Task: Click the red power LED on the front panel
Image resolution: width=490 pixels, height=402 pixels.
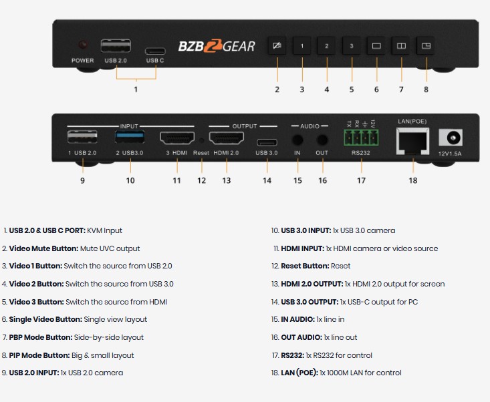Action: click(83, 45)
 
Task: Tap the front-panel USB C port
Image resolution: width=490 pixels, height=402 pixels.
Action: click(155, 51)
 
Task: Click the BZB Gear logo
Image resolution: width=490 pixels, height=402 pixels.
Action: click(217, 46)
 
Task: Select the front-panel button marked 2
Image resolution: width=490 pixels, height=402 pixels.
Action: click(327, 46)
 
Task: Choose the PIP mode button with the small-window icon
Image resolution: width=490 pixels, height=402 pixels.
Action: click(426, 46)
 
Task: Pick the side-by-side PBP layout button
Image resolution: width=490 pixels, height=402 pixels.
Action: click(401, 46)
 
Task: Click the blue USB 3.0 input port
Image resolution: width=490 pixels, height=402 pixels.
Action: click(130, 137)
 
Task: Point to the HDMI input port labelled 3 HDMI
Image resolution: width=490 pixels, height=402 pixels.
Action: click(177, 138)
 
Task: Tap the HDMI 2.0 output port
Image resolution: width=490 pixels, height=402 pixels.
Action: click(227, 138)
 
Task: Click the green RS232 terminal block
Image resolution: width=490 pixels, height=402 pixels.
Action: click(361, 138)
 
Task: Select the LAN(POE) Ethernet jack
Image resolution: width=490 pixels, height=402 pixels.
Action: click(412, 141)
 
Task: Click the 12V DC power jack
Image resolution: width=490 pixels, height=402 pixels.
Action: click(451, 138)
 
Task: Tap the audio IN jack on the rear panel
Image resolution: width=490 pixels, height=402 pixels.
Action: click(297, 140)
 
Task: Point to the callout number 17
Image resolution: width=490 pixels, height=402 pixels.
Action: click(361, 180)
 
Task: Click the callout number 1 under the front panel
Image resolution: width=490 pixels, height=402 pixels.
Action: click(136, 89)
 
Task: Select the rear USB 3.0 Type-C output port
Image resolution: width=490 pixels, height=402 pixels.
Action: click(267, 143)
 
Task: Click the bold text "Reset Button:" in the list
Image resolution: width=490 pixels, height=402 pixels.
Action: click(305, 266)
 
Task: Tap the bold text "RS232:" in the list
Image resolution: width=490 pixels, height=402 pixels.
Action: click(293, 355)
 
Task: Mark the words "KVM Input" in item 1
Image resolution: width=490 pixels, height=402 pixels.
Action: click(104, 230)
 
